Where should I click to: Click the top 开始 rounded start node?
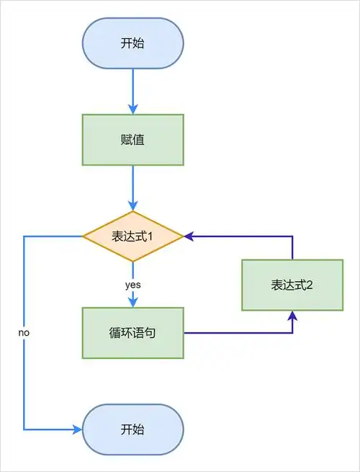point(132,43)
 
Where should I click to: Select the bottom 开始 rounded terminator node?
point(132,429)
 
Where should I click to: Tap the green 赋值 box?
point(132,140)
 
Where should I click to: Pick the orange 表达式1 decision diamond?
point(132,236)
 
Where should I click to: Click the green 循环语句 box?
point(132,333)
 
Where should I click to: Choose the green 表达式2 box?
point(292,285)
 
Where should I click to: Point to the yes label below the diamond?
point(132,285)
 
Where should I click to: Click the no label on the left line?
point(24,334)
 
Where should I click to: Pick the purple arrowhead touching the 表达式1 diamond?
point(188,236)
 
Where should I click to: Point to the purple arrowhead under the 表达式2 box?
point(292,315)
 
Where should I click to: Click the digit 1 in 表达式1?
point(151,236)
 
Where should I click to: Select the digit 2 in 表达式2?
point(309,285)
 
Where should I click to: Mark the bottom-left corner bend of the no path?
point(24,429)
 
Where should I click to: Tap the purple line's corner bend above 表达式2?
point(292,236)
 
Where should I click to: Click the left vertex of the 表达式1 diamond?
point(84,236)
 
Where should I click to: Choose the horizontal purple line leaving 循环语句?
point(238,333)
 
